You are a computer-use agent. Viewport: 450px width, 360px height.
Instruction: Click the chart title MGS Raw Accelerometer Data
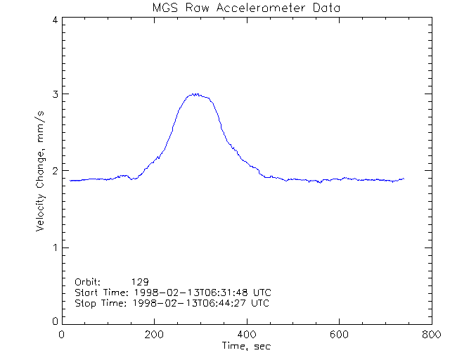click(x=246, y=8)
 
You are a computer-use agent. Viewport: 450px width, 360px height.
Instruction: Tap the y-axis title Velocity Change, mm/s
click(x=43, y=171)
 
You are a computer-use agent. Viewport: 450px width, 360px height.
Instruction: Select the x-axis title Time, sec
click(x=246, y=346)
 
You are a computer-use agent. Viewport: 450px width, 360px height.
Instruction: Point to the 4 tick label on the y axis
click(x=54, y=20)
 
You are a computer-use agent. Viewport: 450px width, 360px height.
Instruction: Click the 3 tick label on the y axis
click(x=54, y=94)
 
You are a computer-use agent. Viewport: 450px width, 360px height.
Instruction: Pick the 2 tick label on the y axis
click(x=54, y=171)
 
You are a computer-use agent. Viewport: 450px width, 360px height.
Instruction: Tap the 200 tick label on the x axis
click(x=154, y=335)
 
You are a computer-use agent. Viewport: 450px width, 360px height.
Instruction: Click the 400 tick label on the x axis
click(x=246, y=335)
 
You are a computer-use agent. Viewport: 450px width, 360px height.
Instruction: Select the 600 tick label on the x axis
click(x=339, y=335)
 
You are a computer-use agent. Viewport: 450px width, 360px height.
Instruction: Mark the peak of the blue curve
click(x=199, y=94)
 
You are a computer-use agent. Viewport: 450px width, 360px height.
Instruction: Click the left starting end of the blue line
click(x=70, y=181)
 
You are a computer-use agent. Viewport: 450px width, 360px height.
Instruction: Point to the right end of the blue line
click(x=404, y=179)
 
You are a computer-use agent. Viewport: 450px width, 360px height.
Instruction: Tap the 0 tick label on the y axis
click(x=54, y=321)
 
